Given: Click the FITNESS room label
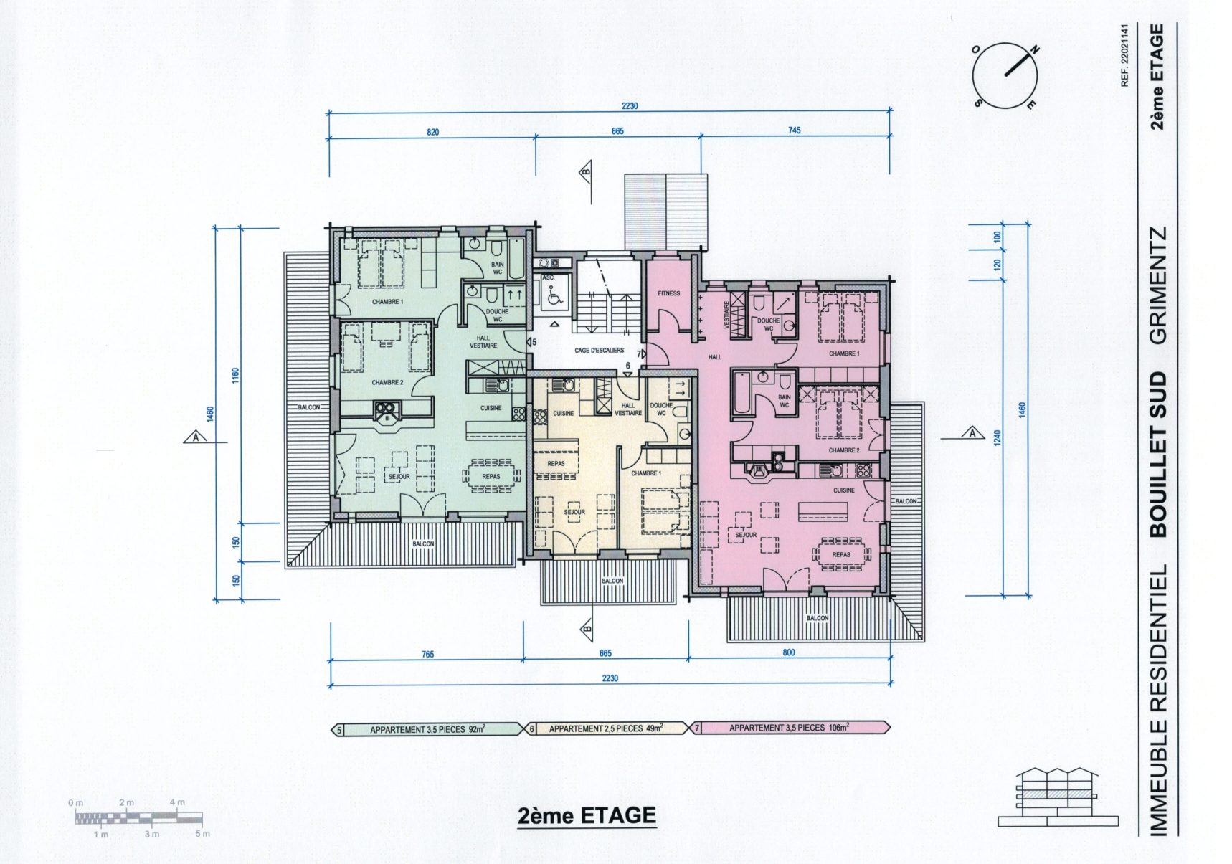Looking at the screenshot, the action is pos(668,293).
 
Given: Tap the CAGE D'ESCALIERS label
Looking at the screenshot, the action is pos(600,351).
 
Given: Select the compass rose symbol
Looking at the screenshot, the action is pos(1005,76).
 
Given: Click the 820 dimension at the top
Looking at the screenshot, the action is pos(432,133).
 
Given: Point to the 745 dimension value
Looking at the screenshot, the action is pos(794,130).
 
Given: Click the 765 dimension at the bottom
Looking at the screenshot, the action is pos(427,654).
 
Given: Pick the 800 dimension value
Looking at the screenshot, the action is pos(789,652).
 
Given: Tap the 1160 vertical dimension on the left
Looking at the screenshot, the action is pos(236,376).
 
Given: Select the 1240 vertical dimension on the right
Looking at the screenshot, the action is pos(998,438).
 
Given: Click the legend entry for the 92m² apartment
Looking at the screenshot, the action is pos(428,730).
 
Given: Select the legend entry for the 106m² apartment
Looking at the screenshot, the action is pos(790,727).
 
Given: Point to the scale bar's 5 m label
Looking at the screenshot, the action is pos(203,834).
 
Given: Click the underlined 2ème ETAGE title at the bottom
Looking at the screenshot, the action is pos(587,815).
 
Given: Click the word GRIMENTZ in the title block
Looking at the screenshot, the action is pos(1158,285).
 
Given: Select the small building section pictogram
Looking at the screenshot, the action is pos(1058,797).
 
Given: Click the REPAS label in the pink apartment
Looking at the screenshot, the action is pos(841,554).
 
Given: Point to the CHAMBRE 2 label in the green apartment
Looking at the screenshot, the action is pos(387,383).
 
